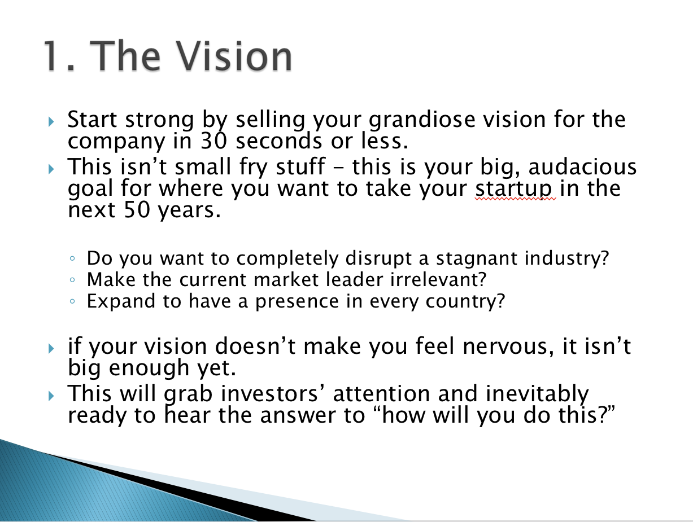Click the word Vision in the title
tap(234, 56)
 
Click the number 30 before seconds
tap(213, 141)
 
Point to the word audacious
tap(582, 166)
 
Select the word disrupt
tap(378, 258)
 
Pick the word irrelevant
tap(435, 279)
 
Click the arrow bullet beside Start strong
tap(51, 121)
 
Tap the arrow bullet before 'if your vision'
tap(51, 349)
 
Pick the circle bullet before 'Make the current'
tap(72, 280)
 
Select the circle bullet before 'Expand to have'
tap(72, 301)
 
